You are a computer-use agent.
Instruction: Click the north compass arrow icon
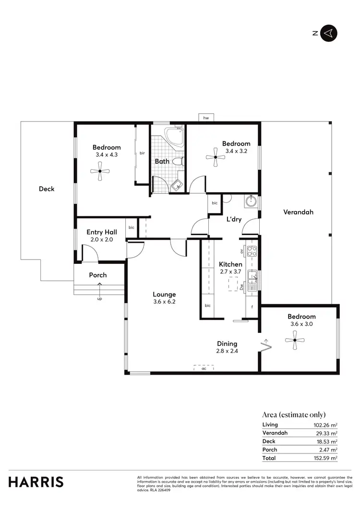click(x=329, y=33)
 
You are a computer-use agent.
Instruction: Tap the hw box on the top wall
click(x=206, y=118)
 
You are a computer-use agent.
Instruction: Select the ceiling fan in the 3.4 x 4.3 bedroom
click(x=100, y=171)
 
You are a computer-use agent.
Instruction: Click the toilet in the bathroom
click(x=177, y=162)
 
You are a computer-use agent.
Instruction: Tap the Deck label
click(x=47, y=189)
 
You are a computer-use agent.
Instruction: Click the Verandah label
click(x=298, y=212)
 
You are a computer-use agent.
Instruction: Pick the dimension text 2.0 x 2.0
click(x=99, y=239)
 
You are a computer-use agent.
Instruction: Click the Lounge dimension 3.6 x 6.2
click(x=164, y=302)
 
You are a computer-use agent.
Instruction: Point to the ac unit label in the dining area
click(x=204, y=368)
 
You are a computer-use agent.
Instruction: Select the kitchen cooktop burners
click(x=253, y=251)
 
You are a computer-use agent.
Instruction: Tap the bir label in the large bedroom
click(x=142, y=154)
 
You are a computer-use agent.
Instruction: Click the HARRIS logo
click(x=36, y=482)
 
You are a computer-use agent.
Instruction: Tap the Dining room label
click(x=227, y=343)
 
